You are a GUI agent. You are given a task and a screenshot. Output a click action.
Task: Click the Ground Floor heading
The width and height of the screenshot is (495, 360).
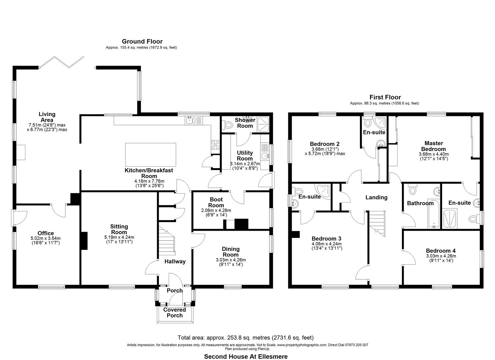(142, 42)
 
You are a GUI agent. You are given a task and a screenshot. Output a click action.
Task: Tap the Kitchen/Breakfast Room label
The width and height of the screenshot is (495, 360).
(149, 173)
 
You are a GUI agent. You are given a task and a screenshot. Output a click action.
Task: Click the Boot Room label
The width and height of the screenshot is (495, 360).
(216, 202)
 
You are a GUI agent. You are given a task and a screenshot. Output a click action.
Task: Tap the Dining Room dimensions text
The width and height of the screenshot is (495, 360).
(231, 262)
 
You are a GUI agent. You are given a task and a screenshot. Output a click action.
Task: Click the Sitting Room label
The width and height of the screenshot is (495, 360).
(119, 229)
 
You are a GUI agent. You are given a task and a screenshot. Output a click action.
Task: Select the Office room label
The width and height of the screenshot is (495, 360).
(46, 233)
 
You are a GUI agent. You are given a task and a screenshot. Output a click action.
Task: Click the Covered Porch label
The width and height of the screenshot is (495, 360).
(175, 312)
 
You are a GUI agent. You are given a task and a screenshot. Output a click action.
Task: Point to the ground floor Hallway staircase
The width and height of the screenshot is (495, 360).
(166, 243)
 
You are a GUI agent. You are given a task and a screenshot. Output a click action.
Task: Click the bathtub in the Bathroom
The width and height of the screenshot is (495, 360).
(434, 215)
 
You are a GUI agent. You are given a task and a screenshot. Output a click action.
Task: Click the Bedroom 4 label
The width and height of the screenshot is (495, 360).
(441, 251)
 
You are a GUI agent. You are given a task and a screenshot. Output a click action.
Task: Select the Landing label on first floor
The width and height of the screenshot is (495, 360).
(376, 197)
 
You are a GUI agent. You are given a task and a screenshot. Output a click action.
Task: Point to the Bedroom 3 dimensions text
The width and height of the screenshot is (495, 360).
(326, 246)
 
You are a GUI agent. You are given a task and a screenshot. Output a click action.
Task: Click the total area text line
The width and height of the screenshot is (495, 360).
(246, 338)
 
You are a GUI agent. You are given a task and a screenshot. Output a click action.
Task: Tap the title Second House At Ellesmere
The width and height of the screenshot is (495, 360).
(246, 356)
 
